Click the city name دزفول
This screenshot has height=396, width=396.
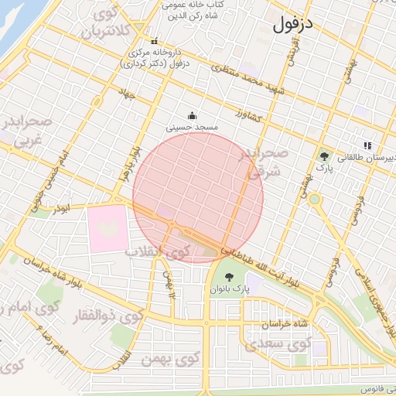point(294,23)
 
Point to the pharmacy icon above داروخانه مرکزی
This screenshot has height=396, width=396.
point(153,42)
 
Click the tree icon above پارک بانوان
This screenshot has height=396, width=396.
point(229,277)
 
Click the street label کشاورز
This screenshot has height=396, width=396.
point(248,116)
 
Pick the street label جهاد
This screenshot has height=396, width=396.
point(126,94)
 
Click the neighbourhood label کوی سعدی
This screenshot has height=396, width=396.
point(277,343)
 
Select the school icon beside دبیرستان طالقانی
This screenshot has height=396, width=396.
point(367,145)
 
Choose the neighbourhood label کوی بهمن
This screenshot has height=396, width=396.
point(165,360)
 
